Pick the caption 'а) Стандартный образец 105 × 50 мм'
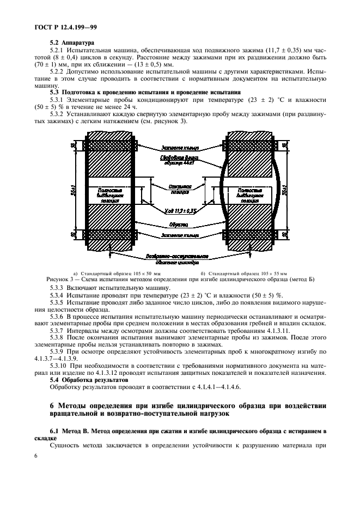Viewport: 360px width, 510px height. point(117,273)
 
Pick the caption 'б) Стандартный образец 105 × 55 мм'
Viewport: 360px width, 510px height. point(243,273)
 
